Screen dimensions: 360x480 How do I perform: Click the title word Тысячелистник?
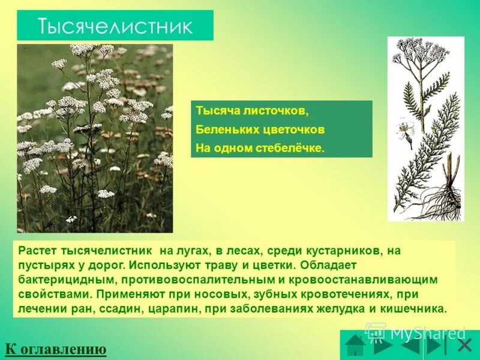pyautogui.click(x=115, y=26)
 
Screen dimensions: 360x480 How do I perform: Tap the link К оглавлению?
pyautogui.click(x=56, y=349)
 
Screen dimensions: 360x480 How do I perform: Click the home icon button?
pyautogui.click(x=355, y=346)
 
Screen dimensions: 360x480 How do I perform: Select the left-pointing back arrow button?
pyautogui.click(x=410, y=346)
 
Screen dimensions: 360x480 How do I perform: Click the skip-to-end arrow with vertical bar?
pyautogui.click(x=437, y=346)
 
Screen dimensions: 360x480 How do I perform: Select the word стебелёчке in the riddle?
pyautogui.click(x=292, y=148)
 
